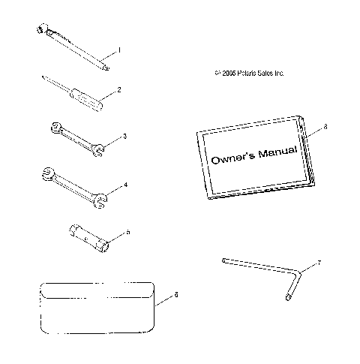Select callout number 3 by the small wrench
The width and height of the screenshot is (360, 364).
[x=125, y=136]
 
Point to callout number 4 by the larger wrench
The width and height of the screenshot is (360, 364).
[x=126, y=184]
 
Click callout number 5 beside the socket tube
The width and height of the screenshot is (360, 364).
[x=127, y=233]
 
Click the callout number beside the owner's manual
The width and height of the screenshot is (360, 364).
[x=325, y=129]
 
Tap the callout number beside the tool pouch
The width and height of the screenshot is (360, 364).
[x=176, y=295]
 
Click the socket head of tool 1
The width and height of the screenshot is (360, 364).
[x=40, y=29]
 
